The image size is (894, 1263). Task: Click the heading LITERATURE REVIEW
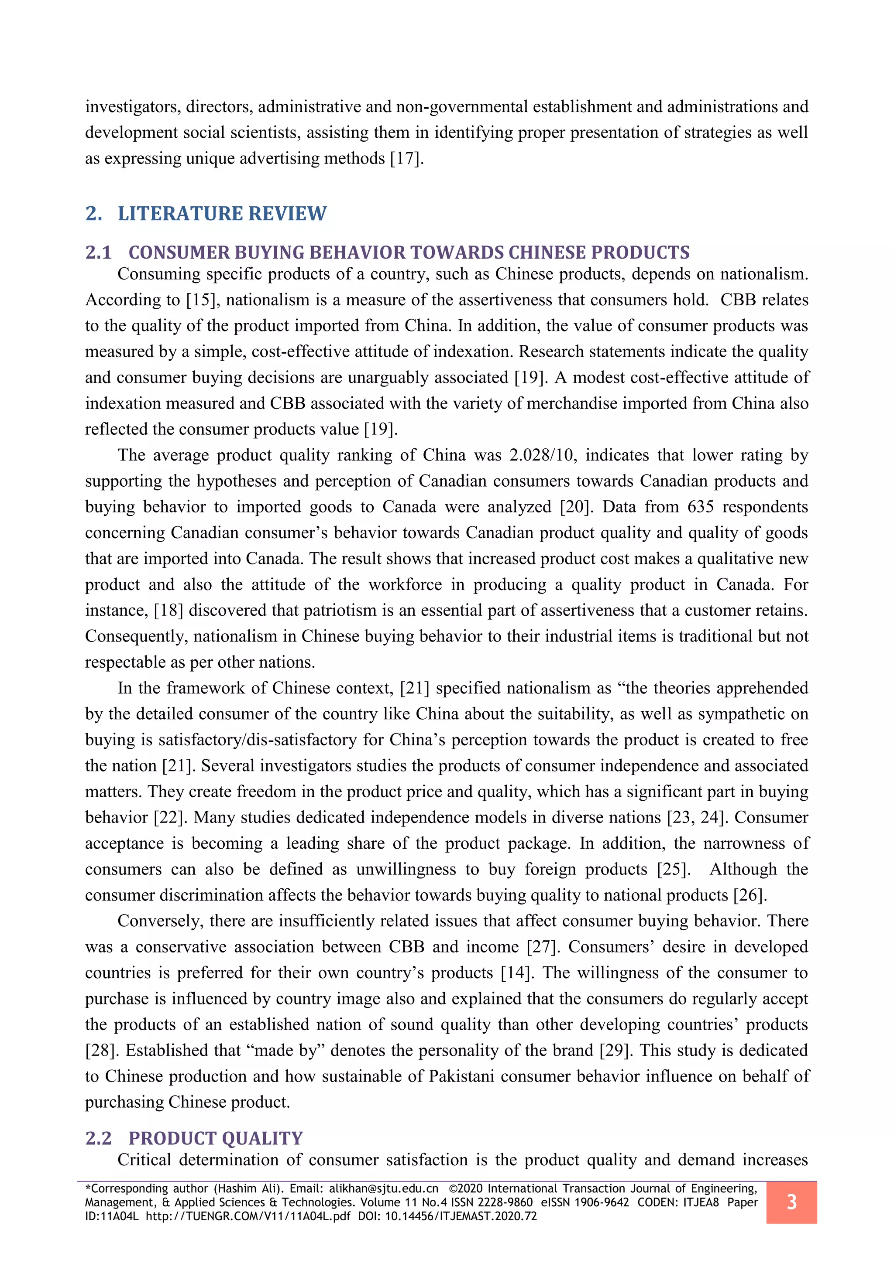click(222, 213)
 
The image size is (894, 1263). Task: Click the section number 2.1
click(99, 253)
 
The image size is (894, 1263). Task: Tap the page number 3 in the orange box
click(791, 1202)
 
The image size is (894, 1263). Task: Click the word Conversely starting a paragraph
click(160, 921)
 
